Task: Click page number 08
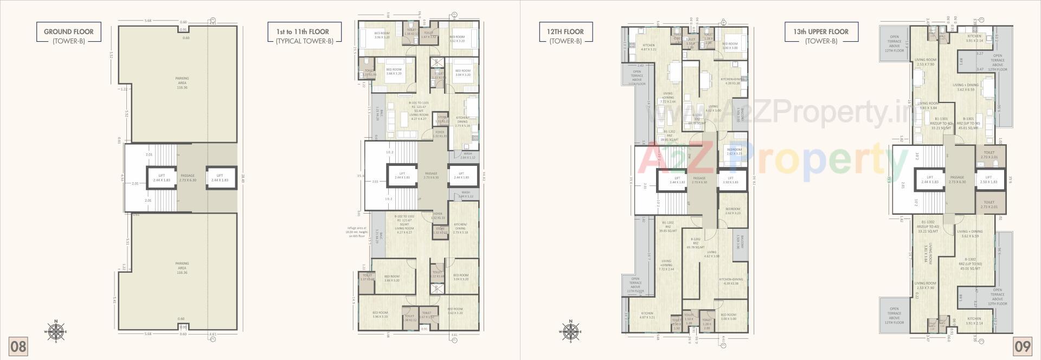18,346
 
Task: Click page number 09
1022,346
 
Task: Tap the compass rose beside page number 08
55,332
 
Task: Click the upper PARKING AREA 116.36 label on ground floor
182,83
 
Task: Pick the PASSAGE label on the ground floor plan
188,178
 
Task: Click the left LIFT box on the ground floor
162,178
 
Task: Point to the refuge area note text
357,232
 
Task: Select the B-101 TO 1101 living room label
419,108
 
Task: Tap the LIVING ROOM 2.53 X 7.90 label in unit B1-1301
925,62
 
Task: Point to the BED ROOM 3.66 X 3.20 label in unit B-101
394,72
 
